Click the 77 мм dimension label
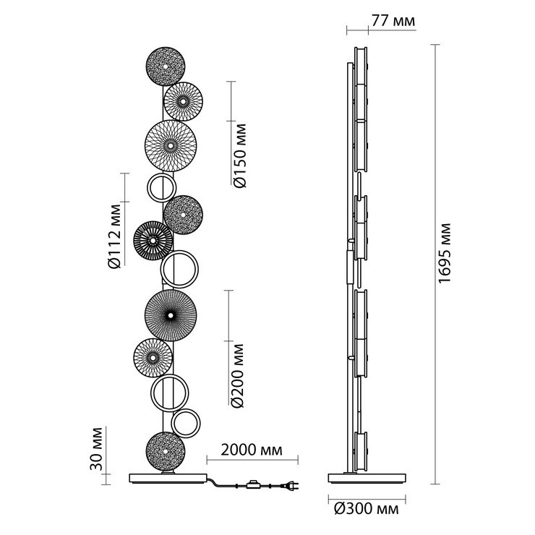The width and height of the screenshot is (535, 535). click(393, 21)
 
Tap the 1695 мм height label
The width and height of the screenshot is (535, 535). click(444, 253)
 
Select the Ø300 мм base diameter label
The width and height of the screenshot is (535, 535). click(366, 509)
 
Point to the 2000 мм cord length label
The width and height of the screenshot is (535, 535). click(252, 450)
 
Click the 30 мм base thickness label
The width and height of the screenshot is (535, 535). click(97, 448)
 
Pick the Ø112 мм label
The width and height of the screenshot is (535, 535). click(114, 236)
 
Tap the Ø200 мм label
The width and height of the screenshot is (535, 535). click(237, 376)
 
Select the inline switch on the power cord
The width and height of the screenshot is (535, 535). click(253, 484)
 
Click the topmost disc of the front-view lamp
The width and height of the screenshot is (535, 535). click(166, 67)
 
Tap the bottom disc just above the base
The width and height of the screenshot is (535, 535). click(166, 451)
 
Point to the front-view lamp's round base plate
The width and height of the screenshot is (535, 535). click(168, 478)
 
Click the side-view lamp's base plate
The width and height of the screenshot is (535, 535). click(367, 478)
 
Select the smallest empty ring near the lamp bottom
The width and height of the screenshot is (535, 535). click(186, 424)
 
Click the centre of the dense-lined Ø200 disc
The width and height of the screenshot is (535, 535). click(171, 315)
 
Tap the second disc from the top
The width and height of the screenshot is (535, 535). click(183, 101)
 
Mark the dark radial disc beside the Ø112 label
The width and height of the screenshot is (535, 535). click(153, 241)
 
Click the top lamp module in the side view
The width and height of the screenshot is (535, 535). click(361, 66)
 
